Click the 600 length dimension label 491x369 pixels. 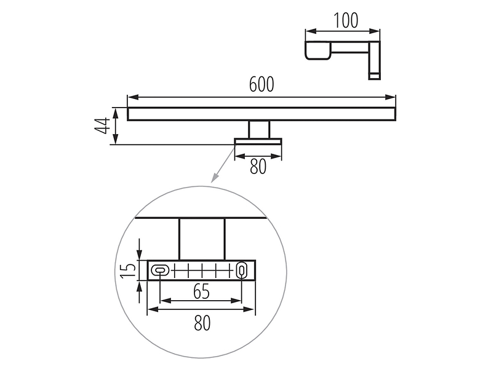tap(261, 84)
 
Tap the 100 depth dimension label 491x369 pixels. tap(346, 21)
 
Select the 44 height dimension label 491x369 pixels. tap(102, 126)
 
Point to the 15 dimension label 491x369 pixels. tap(128, 271)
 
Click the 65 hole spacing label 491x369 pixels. tap(201, 292)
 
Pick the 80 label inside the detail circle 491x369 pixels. tap(202, 323)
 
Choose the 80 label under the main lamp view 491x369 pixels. tap(258, 167)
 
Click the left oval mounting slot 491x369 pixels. tap(160, 269)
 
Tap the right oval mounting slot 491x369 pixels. tap(242, 269)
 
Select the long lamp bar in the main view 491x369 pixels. tap(261, 114)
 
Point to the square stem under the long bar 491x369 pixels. tap(259, 129)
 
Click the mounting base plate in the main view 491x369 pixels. tap(258, 141)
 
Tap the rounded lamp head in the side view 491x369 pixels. tap(318, 50)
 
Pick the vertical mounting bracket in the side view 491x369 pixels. tap(375, 60)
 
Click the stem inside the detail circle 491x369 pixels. tap(202, 239)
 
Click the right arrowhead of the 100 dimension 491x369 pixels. tap(375, 31)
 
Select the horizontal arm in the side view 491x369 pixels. tap(349, 48)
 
